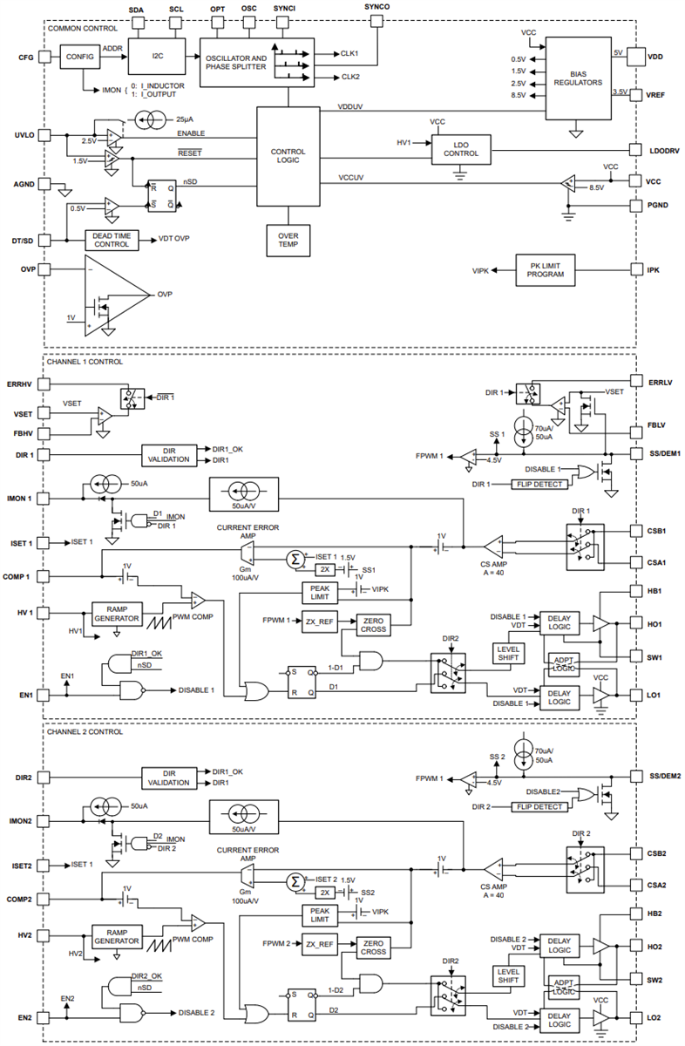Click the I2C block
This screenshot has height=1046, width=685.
click(x=157, y=57)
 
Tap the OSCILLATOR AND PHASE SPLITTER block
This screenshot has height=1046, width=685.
click(x=235, y=61)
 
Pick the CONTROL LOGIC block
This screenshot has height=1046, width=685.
click(x=288, y=157)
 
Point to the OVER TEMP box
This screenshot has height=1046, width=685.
click(x=288, y=240)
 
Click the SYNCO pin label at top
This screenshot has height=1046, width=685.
click(x=376, y=6)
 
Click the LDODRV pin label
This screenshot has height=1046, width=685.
click(x=664, y=149)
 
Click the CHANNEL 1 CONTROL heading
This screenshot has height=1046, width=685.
click(x=85, y=362)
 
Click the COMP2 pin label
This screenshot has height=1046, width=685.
click(x=20, y=900)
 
